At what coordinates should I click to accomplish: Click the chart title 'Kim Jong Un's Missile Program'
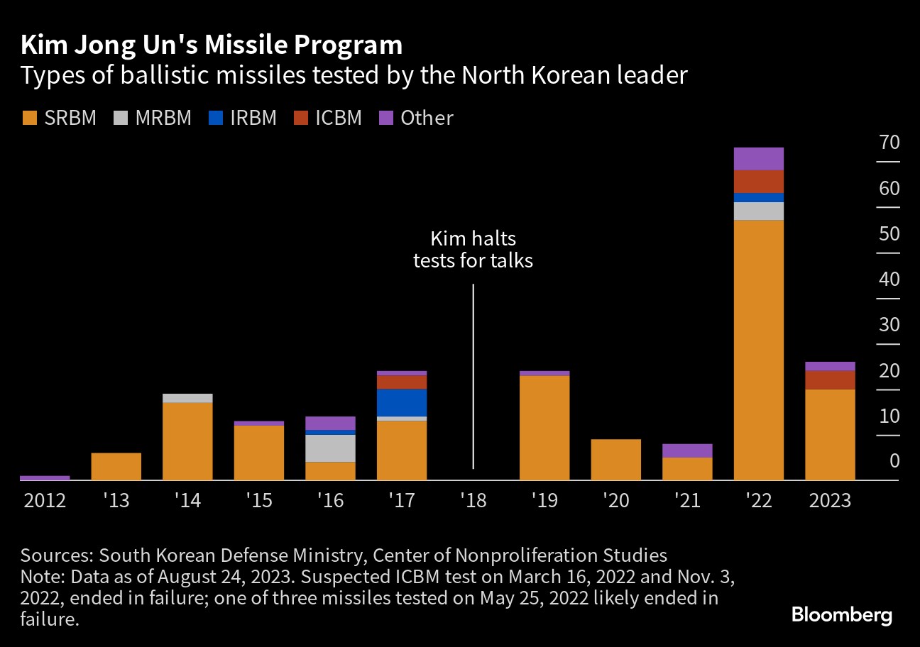[212, 45]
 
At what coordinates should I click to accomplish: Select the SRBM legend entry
[60, 118]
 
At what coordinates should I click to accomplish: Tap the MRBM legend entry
[152, 118]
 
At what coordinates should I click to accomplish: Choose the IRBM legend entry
[243, 118]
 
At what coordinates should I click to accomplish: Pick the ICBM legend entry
[328, 118]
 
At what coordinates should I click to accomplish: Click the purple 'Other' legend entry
[417, 118]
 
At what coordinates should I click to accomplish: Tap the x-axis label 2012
[45, 500]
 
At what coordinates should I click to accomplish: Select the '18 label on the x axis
[473, 500]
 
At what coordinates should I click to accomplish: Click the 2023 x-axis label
[829, 500]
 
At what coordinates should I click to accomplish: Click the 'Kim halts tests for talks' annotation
[473, 250]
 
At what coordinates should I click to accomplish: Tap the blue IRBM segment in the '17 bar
[402, 402]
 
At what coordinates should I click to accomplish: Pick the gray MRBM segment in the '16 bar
[330, 448]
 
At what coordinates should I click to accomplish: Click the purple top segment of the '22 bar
[758, 158]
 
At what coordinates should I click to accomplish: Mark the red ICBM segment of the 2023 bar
[830, 380]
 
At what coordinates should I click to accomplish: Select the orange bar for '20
[615, 460]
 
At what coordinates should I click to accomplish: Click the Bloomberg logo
[841, 614]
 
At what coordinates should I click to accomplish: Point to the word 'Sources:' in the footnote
[57, 555]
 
